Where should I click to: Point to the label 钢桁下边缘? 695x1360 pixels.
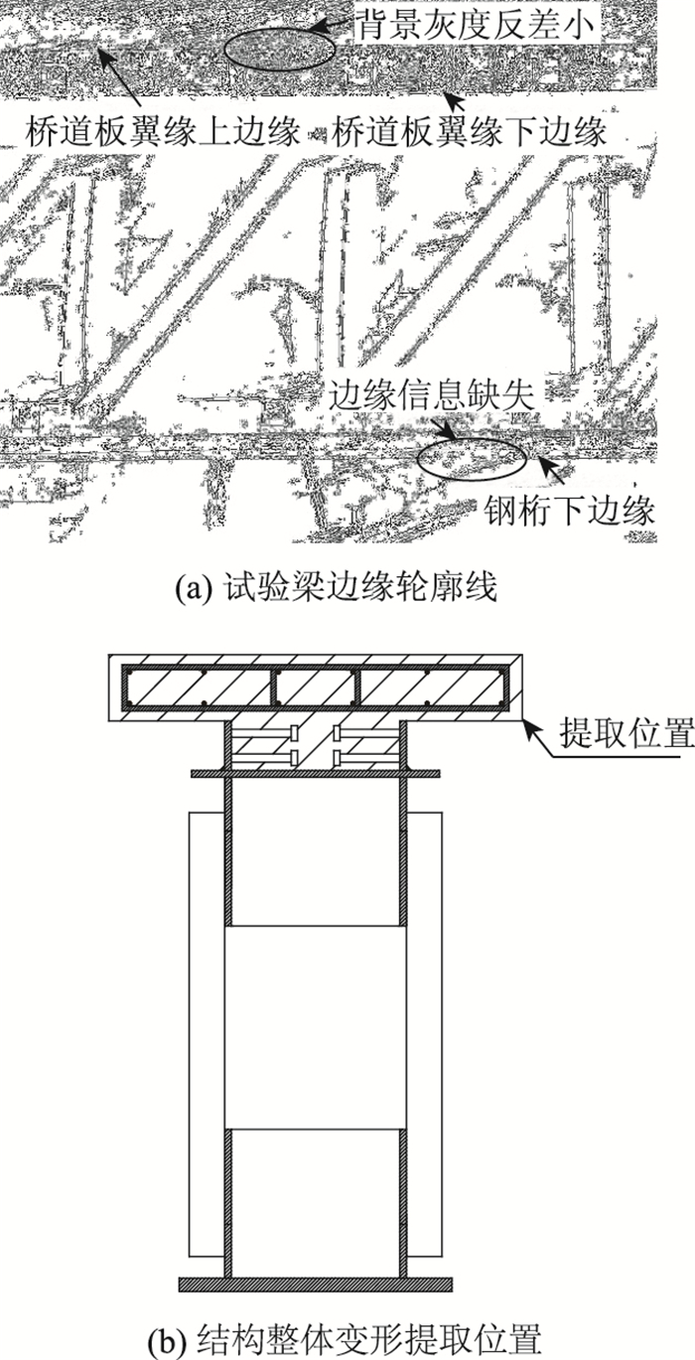point(569,512)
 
